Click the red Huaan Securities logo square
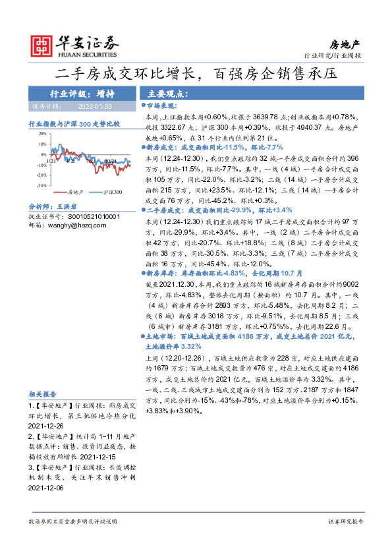pos(43,44)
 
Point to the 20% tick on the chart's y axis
pos(43,133)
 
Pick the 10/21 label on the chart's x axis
pos(109,160)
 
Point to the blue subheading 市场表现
pos(162,105)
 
